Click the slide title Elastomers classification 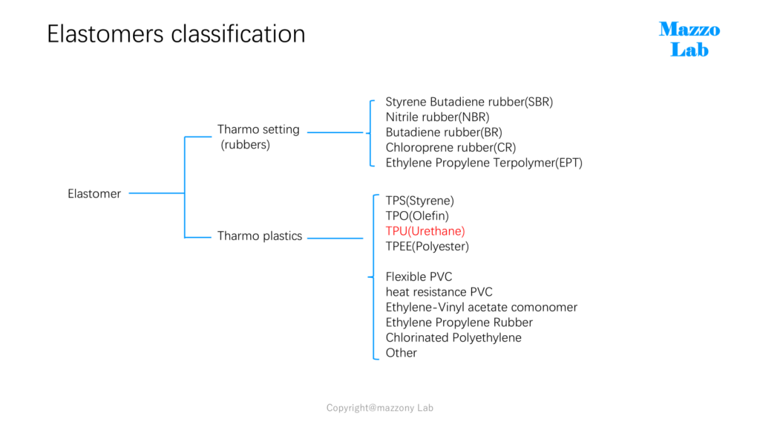pyautogui.click(x=176, y=34)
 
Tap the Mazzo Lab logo pyautogui.click(x=689, y=39)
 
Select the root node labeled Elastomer pyautogui.click(x=94, y=194)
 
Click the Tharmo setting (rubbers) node pyautogui.click(x=258, y=137)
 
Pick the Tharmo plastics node pyautogui.click(x=260, y=236)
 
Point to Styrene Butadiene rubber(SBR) pyautogui.click(x=469, y=102)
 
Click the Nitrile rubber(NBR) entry pyautogui.click(x=438, y=117)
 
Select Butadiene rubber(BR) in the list pyautogui.click(x=444, y=132)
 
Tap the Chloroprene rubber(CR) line pyautogui.click(x=451, y=148)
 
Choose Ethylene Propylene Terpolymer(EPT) pyautogui.click(x=484, y=163)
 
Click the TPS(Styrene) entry pyautogui.click(x=420, y=201)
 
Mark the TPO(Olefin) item pyautogui.click(x=417, y=216)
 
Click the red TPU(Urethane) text pyautogui.click(x=425, y=231)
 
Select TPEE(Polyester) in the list pyautogui.click(x=427, y=247)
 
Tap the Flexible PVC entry pyautogui.click(x=419, y=276)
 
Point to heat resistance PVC pyautogui.click(x=439, y=292)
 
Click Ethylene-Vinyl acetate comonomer pyautogui.click(x=481, y=307)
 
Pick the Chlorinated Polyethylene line pyautogui.click(x=453, y=338)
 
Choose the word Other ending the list pyautogui.click(x=402, y=353)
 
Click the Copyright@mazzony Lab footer pyautogui.click(x=380, y=408)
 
